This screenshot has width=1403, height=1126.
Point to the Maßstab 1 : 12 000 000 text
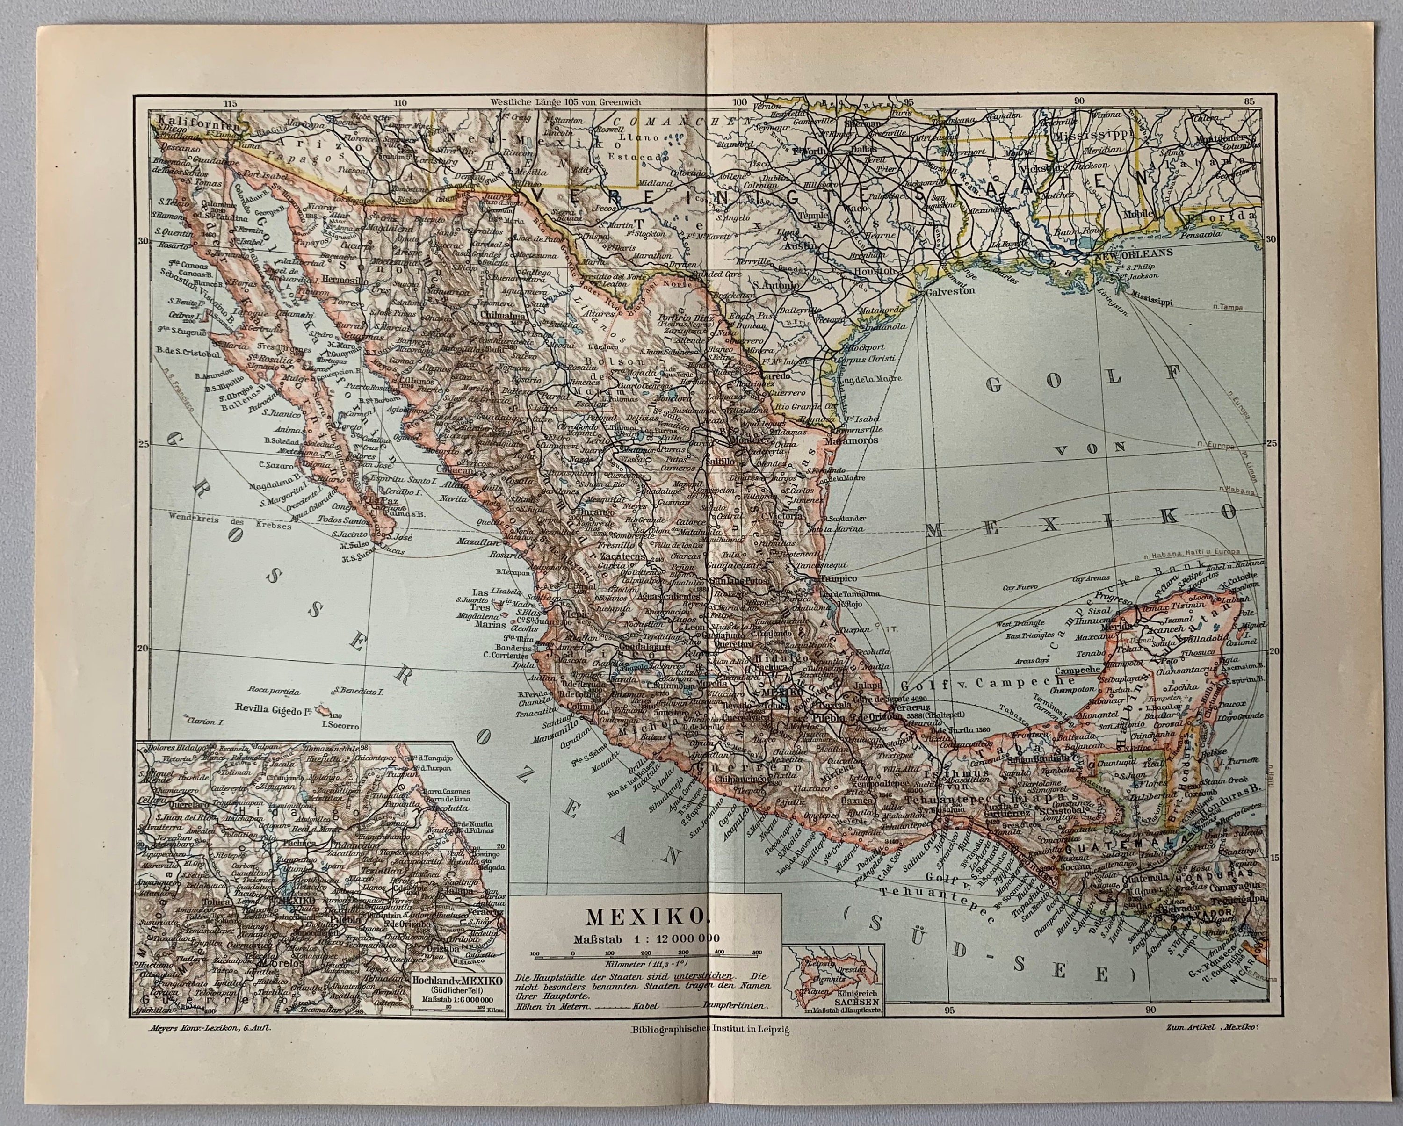pos(645,938)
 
